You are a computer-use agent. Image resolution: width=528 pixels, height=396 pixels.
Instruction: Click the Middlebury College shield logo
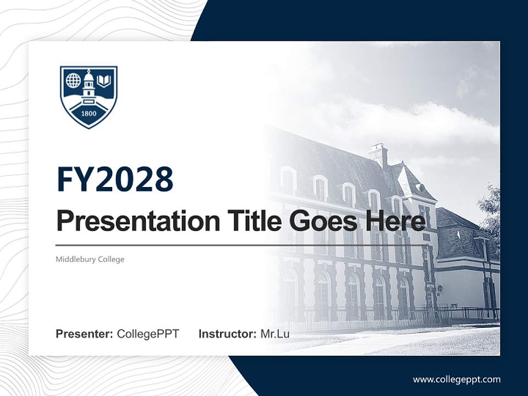89,97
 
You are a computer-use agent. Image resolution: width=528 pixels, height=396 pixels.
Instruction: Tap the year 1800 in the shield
89,114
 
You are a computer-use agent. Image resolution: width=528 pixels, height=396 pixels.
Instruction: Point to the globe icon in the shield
73,80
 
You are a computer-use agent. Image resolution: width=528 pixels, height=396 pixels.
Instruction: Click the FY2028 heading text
115,179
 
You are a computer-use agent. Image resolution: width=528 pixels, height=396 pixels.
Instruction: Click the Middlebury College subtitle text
90,259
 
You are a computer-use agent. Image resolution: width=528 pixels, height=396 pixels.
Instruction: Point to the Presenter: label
85,334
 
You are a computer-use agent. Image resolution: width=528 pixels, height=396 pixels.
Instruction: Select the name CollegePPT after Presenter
148,334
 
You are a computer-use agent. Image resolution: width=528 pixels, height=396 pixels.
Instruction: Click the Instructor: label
227,334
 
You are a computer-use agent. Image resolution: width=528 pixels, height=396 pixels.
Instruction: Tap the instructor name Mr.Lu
275,334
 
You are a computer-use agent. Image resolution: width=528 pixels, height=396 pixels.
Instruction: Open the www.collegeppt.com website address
457,379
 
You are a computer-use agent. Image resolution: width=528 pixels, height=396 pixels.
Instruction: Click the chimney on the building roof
378,154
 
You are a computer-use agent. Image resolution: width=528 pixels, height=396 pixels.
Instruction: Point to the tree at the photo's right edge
491,209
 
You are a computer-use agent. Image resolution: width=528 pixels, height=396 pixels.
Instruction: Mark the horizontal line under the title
242,245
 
